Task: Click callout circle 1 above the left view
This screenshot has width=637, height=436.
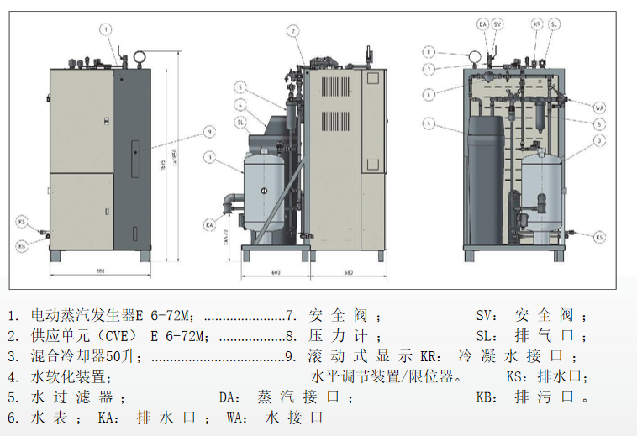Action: click(x=106, y=29)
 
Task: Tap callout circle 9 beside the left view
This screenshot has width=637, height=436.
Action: click(x=209, y=132)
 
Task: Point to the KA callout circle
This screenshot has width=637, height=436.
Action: click(x=209, y=224)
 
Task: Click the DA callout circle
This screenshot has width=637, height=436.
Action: click(x=483, y=24)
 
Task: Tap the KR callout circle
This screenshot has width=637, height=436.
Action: click(x=538, y=24)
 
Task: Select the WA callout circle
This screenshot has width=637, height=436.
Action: click(x=600, y=108)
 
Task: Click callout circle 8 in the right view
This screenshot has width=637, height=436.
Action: click(x=429, y=52)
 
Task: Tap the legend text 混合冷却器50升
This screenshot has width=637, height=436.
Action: click(x=82, y=355)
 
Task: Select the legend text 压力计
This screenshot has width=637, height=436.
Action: click(x=336, y=336)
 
